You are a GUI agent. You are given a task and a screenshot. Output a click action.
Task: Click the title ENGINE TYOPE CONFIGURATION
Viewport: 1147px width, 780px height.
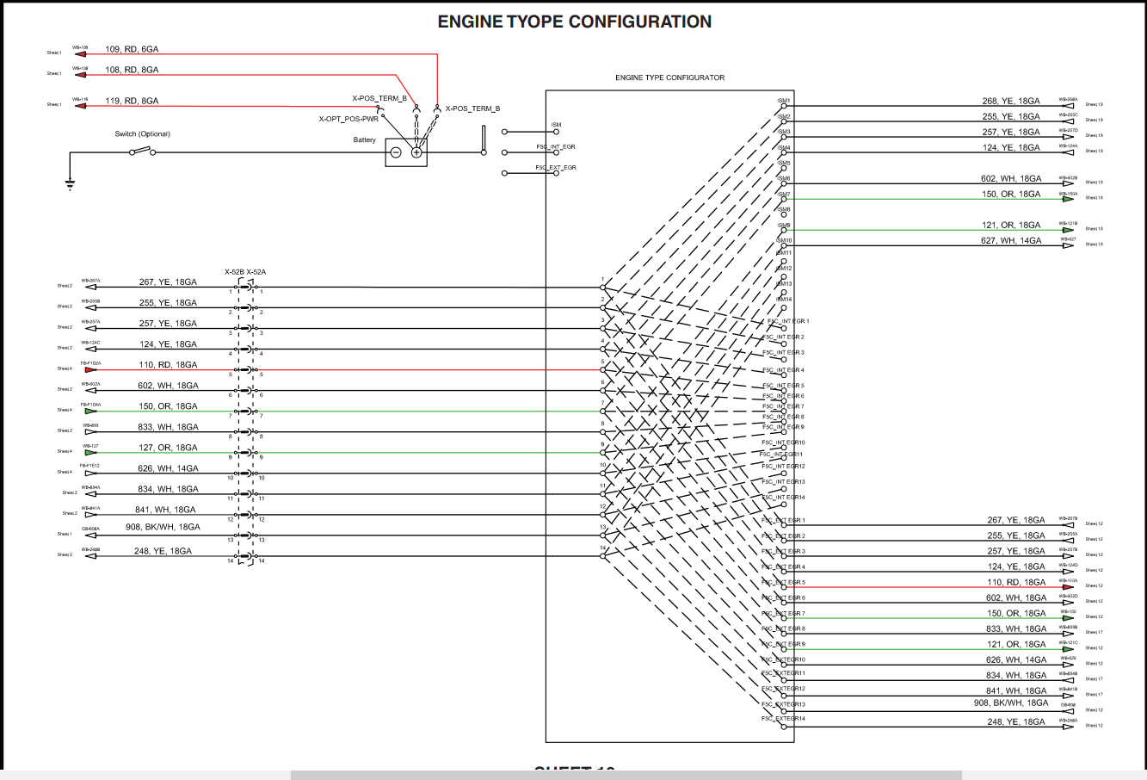point(574,22)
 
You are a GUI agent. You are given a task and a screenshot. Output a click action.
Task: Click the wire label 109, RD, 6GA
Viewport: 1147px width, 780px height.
point(132,49)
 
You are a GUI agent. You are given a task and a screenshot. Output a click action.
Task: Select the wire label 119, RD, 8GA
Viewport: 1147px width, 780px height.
point(132,101)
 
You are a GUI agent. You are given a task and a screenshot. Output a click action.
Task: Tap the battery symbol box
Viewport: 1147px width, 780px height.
point(406,152)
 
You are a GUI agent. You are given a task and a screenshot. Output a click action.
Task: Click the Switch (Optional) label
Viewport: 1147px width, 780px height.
point(143,133)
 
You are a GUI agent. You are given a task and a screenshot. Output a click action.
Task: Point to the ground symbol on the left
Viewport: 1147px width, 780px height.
point(71,182)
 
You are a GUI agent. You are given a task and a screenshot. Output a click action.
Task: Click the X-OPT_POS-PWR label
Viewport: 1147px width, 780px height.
point(348,119)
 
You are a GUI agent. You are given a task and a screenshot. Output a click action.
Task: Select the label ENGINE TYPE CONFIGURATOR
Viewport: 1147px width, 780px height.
point(669,77)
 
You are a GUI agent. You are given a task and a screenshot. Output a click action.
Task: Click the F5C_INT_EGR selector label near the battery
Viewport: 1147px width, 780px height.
point(555,147)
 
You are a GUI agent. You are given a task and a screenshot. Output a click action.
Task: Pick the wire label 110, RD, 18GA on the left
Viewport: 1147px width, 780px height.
point(169,365)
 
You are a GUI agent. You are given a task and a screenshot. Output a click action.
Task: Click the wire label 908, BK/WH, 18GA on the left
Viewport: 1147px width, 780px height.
point(163,527)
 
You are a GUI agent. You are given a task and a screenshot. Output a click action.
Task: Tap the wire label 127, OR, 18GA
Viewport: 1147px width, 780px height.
point(169,448)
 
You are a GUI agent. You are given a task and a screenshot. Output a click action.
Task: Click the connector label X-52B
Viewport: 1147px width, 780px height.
point(234,272)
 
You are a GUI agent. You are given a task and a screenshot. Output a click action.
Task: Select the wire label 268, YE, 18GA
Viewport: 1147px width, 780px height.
point(1011,101)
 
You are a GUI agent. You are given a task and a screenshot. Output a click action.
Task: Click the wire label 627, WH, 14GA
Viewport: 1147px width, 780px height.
point(1011,241)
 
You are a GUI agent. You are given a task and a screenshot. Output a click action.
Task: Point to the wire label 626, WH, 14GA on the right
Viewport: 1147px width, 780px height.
point(1016,660)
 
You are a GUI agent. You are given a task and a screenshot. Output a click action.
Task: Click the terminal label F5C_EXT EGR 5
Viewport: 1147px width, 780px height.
point(783,583)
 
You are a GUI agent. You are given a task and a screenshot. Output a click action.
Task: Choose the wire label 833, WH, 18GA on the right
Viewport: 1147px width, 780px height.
point(1016,629)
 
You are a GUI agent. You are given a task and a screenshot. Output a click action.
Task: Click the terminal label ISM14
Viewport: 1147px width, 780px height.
point(784,300)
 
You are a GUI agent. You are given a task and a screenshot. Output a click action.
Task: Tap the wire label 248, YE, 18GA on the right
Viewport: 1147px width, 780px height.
point(1016,722)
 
